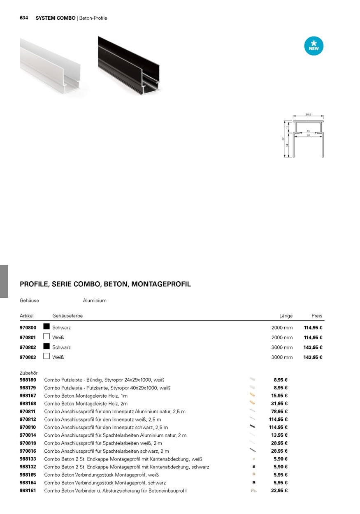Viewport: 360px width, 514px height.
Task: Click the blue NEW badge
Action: click(314, 46)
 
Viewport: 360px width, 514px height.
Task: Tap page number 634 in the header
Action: click(24, 18)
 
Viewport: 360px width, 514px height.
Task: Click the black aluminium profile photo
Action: click(129, 65)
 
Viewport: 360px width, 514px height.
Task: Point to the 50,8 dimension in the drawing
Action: click(308, 115)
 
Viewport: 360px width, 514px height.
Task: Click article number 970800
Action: click(28, 328)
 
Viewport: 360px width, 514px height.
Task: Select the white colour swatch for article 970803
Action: click(46, 357)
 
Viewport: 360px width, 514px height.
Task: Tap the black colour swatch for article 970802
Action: click(46, 347)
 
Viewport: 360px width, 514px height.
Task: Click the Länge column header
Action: click(286, 316)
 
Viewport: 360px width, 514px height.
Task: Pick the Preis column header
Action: click(317, 316)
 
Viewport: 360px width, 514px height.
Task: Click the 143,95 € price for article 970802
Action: click(313, 347)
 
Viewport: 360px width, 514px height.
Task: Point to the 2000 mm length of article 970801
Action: click(282, 338)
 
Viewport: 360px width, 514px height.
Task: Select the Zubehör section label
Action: click(28, 373)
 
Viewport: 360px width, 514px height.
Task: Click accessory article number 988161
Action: click(28, 491)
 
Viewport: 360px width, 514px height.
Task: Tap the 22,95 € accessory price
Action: click(279, 491)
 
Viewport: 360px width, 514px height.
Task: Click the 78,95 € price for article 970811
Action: click(279, 412)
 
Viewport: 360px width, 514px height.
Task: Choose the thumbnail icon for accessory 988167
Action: click(252, 395)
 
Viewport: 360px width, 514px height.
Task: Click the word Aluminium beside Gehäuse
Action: click(95, 301)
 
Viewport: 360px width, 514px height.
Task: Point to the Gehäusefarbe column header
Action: click(67, 316)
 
